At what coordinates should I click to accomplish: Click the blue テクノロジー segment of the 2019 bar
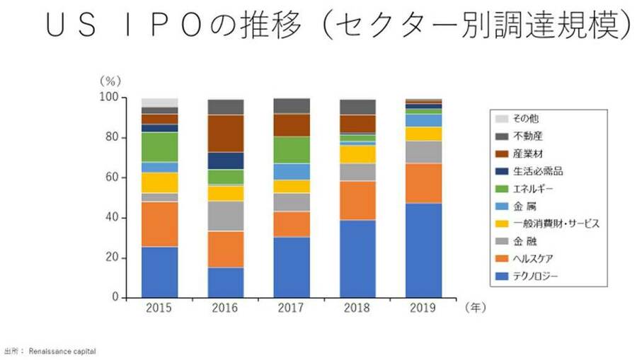pyautogui.click(x=424, y=250)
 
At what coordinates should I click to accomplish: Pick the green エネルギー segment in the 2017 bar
pyautogui.click(x=292, y=150)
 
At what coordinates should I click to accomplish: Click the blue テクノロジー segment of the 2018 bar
pyautogui.click(x=357, y=259)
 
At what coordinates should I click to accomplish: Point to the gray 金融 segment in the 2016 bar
pyautogui.click(x=226, y=216)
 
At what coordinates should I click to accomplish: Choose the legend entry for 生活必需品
pyautogui.click(x=539, y=171)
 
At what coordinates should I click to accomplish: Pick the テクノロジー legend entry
pyautogui.click(x=539, y=276)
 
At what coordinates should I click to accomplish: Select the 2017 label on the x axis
pyautogui.click(x=292, y=308)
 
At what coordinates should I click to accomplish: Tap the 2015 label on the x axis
pyautogui.click(x=159, y=308)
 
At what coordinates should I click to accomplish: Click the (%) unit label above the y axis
pyautogui.click(x=110, y=81)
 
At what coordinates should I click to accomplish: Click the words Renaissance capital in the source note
pyautogui.click(x=62, y=351)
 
